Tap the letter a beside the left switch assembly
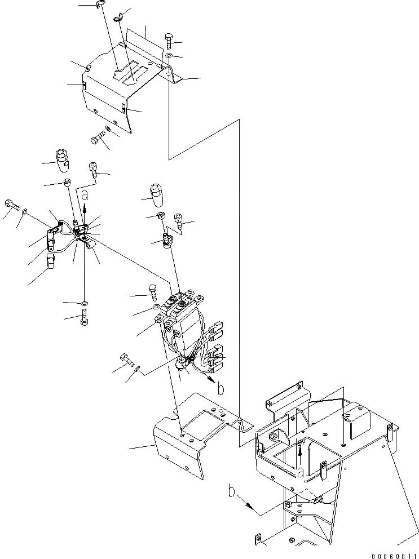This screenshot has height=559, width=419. click(x=85, y=196)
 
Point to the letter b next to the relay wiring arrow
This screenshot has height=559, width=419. click(x=221, y=388)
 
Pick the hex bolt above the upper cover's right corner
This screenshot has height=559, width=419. click(x=169, y=41)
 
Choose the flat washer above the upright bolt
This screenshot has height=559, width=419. click(x=84, y=304)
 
